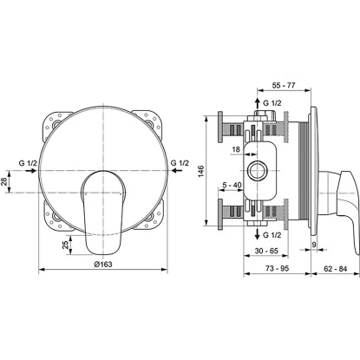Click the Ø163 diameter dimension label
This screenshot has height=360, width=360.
(x=103, y=264)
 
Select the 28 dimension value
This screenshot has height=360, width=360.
(x=3, y=181)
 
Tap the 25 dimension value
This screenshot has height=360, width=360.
(x=66, y=245)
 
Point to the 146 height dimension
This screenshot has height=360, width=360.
(x=201, y=171)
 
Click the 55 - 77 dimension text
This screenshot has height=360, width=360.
(x=284, y=85)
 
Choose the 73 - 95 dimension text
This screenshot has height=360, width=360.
(x=277, y=268)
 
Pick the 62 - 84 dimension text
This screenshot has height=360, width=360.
(x=335, y=269)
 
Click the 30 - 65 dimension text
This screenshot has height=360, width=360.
(x=266, y=251)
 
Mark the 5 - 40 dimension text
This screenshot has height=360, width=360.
(x=232, y=185)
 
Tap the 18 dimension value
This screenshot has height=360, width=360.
(x=236, y=149)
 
